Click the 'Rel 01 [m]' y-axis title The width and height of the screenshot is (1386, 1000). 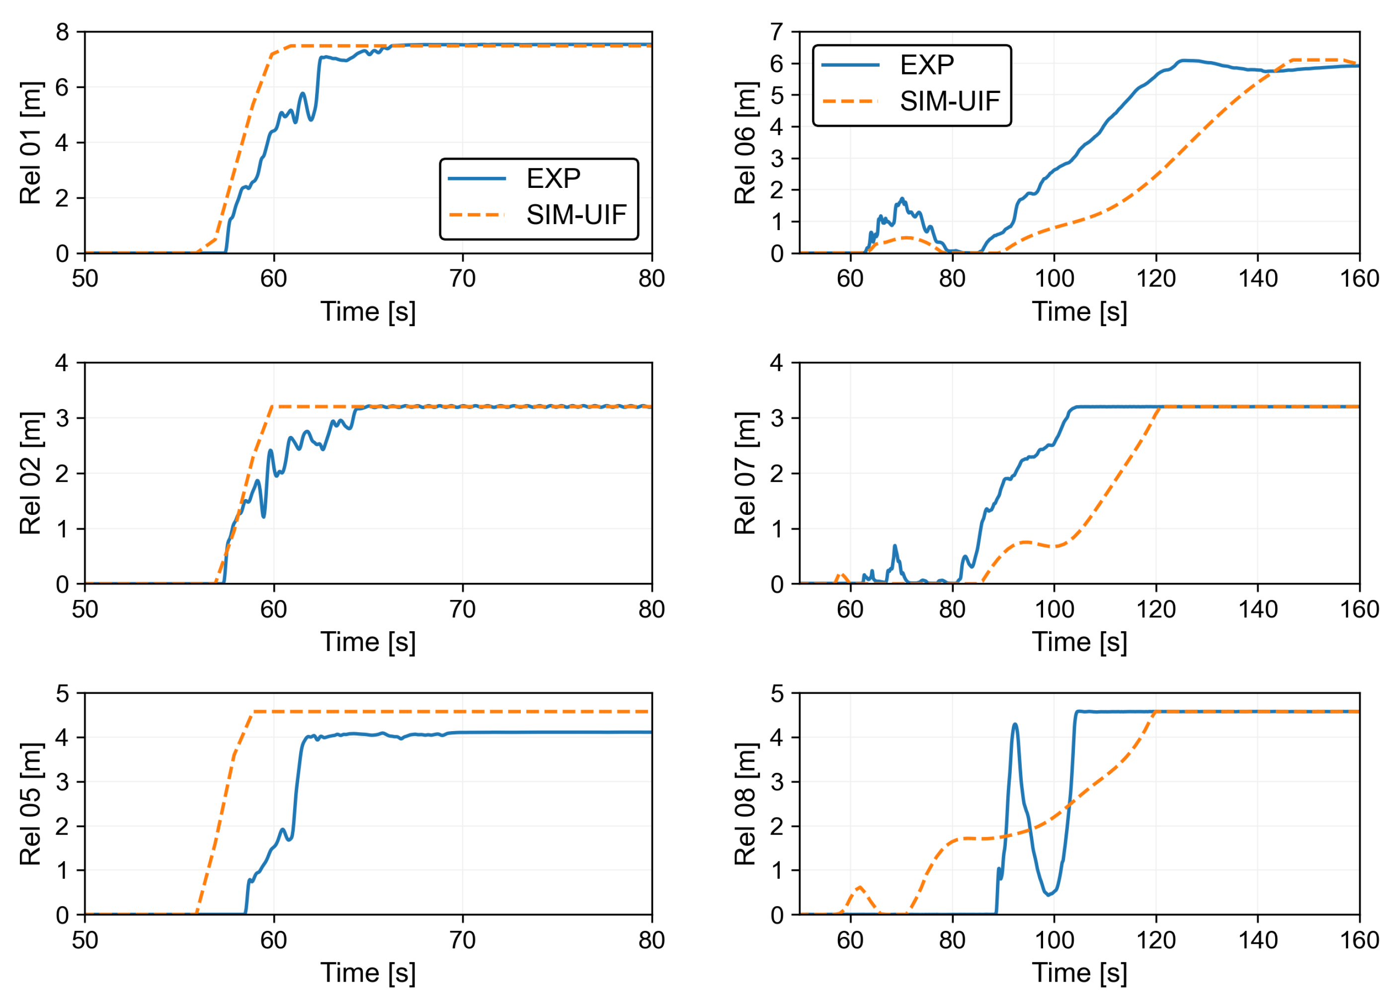point(30,143)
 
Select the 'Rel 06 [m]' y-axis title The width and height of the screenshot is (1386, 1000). point(745,143)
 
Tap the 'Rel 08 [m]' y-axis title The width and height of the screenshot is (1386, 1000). point(745,804)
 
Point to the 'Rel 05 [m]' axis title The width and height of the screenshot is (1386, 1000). point(30,804)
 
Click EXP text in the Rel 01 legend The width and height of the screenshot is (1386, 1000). point(553,178)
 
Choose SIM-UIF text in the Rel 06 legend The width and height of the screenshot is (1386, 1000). point(949,101)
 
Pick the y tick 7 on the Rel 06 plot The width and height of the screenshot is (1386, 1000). point(776,32)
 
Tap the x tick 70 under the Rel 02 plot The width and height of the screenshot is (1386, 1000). point(462,609)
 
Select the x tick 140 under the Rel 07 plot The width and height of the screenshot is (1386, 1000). point(1257,609)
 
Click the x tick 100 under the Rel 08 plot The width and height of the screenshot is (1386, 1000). point(1054,940)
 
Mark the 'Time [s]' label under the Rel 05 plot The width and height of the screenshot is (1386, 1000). point(368,973)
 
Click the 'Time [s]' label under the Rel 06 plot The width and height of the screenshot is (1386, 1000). point(1079,312)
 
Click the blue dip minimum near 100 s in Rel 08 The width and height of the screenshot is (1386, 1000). point(1049,894)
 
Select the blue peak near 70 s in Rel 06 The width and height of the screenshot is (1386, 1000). point(902,199)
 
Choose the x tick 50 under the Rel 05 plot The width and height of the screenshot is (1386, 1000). point(85,940)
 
